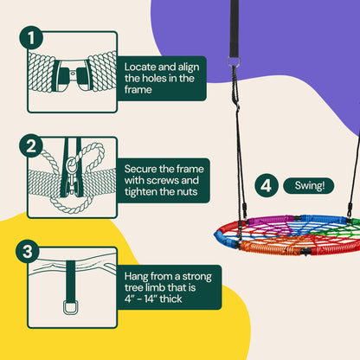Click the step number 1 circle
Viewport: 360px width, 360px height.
pyautogui.click(x=32, y=38)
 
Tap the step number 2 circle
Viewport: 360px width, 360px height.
pyautogui.click(x=32, y=145)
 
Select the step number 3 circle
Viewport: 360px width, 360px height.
pyautogui.click(x=32, y=228)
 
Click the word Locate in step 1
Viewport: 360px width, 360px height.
pyautogui.click(x=142, y=67)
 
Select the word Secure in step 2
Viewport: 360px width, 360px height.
pyautogui.click(x=143, y=161)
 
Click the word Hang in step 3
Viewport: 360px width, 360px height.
pyautogui.click(x=139, y=252)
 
